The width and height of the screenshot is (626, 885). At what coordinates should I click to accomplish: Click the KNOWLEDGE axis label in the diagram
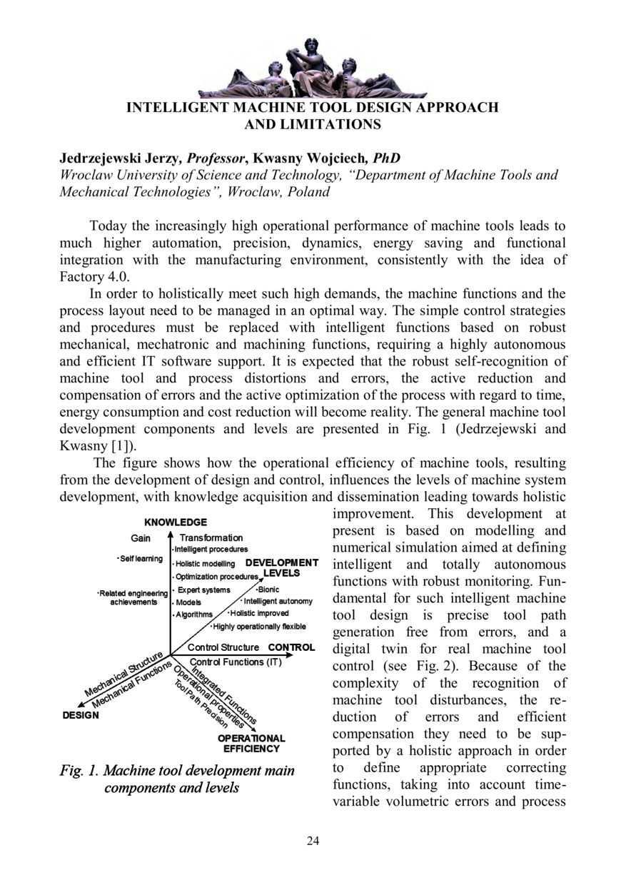pos(176,522)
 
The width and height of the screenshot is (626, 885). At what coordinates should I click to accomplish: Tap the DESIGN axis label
pos(80,715)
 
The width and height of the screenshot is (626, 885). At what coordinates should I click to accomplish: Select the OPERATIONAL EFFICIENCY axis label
pos(251,744)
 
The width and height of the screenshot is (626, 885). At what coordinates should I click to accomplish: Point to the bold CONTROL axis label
pos(291,647)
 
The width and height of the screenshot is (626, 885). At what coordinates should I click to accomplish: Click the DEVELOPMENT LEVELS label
pos(282,567)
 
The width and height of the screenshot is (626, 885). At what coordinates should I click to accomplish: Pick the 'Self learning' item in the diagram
pos(140,558)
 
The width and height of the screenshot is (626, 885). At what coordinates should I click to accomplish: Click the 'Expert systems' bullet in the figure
pos(203,590)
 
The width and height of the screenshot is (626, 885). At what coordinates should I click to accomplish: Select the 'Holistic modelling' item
pos(204,564)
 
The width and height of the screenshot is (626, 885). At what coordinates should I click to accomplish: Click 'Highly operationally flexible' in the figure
pos(259,626)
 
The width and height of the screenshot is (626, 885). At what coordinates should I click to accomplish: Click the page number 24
pos(313,840)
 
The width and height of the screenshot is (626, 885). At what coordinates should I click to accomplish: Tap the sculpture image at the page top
pos(312,69)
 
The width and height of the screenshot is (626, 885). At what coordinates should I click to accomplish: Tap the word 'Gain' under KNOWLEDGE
pos(141,537)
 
